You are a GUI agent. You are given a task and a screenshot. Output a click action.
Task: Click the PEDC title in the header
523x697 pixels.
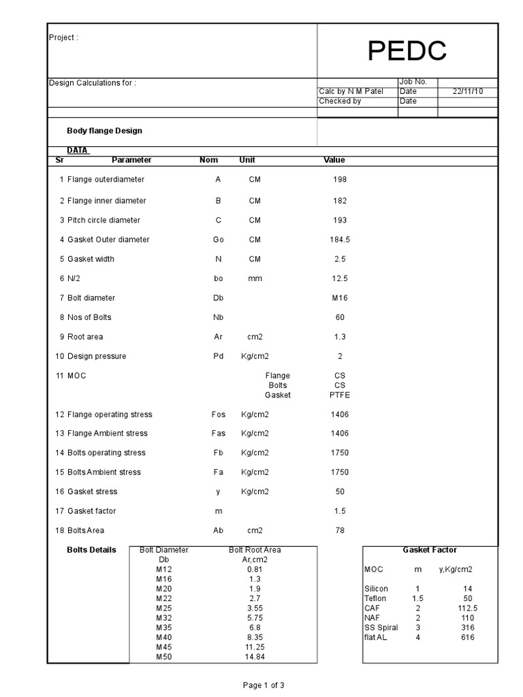tap(407, 50)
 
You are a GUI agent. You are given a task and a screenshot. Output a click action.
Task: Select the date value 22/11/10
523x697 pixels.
tap(468, 91)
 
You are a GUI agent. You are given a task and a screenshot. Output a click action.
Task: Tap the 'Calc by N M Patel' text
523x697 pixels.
tap(351, 91)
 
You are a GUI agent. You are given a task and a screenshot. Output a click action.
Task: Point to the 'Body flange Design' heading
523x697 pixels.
tap(104, 131)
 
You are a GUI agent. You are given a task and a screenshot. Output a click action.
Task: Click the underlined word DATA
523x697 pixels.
tap(78, 150)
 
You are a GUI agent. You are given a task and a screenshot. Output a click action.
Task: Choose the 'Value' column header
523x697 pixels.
tap(334, 160)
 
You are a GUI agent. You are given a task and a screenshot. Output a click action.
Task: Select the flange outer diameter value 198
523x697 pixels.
tap(340, 180)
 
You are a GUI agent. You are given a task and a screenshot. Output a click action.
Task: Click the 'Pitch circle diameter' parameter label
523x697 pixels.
tap(104, 221)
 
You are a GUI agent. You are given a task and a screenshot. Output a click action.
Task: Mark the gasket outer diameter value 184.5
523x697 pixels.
tap(340, 240)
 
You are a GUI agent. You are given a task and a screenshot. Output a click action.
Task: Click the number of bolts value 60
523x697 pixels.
tap(340, 317)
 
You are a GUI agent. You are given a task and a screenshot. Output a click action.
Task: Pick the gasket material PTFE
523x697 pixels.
tap(339, 395)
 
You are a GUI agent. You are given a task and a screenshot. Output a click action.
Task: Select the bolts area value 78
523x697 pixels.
tap(340, 530)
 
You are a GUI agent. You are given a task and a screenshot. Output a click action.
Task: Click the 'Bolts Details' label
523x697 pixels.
tap(91, 550)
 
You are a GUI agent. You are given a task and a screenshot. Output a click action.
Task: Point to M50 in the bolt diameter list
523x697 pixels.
tap(163, 657)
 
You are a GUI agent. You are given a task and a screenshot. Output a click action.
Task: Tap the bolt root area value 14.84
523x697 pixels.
tap(255, 657)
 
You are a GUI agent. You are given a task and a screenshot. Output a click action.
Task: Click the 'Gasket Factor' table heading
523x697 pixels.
tap(430, 550)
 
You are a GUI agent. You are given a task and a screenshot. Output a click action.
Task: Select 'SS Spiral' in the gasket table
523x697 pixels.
tap(381, 628)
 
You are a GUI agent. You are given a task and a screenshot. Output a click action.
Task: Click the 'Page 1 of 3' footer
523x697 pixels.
tap(264, 685)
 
